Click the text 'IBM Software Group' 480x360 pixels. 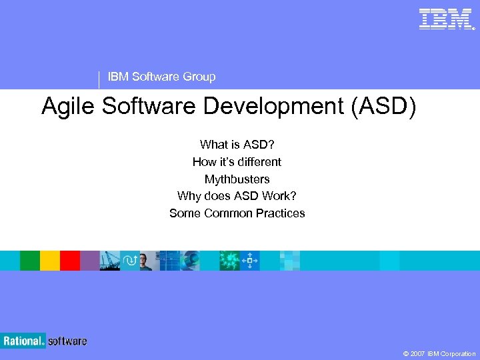[161, 77]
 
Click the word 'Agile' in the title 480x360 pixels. [69, 107]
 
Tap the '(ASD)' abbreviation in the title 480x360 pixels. [387, 107]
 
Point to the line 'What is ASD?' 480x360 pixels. [237, 144]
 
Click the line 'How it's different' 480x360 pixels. [237, 161]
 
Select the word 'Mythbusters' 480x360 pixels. [237, 179]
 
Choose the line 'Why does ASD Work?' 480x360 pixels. [237, 196]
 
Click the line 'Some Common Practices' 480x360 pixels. [237, 213]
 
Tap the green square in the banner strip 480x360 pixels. [29, 261]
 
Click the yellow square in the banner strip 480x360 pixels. [49, 261]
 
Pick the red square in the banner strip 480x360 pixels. [69, 261]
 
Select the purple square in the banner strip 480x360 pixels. [89, 261]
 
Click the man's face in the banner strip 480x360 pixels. [147, 261]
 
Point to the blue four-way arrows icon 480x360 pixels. [249, 261]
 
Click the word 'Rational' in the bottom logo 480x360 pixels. [22, 341]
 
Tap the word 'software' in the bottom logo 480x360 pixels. [67, 341]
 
